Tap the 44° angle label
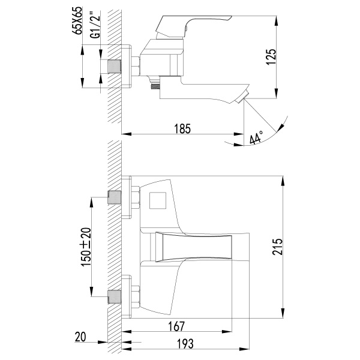(256, 139)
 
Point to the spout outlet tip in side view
(244, 98)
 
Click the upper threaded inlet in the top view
(114, 197)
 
